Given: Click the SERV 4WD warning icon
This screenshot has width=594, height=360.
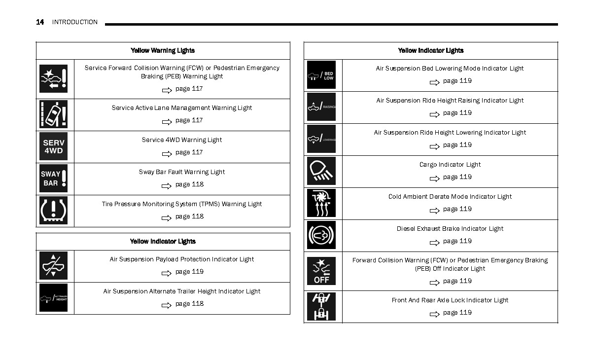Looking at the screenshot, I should click(53, 146).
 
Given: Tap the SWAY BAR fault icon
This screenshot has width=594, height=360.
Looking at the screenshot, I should click(53, 179).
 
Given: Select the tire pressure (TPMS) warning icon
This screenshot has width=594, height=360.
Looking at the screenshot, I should click(53, 211).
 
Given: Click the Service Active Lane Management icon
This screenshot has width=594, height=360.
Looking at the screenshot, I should click(53, 114).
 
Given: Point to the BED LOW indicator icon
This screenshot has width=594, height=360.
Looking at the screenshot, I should click(321, 75).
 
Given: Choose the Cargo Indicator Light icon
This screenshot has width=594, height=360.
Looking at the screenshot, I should click(321, 171).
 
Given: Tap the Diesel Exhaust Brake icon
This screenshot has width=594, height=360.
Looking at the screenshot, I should click(321, 235).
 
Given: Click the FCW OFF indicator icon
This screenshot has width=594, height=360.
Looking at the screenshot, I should click(321, 271).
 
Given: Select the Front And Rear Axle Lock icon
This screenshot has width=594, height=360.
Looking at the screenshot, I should click(321, 307).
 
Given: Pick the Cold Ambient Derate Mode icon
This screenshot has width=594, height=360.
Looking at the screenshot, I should click(321, 203).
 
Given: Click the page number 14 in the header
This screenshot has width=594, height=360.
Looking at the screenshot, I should click(40, 22).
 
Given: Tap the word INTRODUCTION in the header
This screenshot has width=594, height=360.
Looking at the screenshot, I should click(75, 22).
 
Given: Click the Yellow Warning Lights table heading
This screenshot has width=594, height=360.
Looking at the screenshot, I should click(163, 50).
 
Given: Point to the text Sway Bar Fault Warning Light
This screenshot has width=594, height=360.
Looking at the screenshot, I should click(182, 172).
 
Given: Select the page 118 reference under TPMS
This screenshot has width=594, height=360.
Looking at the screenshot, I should click(189, 216).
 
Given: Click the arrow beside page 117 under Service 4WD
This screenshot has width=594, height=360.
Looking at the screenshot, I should click(167, 153).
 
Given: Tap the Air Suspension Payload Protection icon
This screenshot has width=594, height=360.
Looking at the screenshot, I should click(53, 266).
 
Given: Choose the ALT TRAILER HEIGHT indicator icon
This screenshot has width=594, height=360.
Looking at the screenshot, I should click(53, 298).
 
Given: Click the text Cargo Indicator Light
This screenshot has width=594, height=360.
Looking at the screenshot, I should click(450, 165).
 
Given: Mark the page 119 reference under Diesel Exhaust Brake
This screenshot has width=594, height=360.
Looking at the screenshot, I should click(457, 241).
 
